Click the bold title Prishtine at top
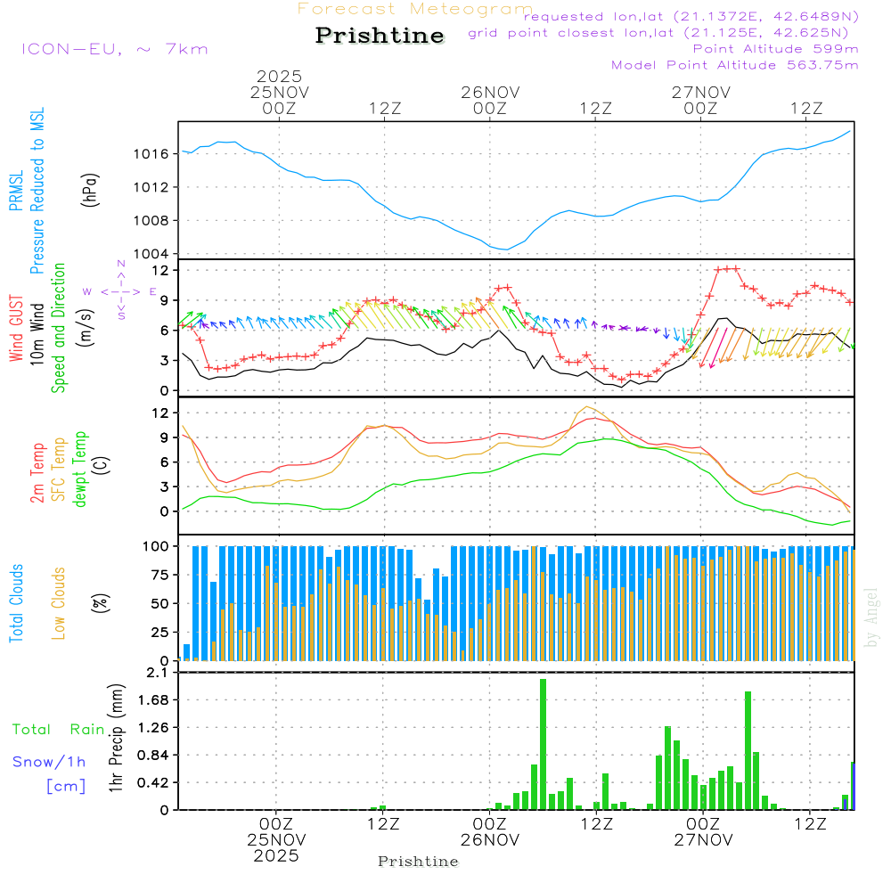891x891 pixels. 380,36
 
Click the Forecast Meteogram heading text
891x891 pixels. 415,9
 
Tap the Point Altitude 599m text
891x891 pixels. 775,49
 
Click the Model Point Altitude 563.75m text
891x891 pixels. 735,65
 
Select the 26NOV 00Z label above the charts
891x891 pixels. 489,100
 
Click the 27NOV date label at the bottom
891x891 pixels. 703,839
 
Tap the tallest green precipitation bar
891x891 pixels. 543,744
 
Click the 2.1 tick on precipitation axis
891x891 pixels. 157,671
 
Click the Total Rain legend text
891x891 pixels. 58,729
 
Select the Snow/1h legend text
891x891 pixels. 49,762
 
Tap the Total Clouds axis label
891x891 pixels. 16,602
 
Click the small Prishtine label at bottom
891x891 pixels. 418,862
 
